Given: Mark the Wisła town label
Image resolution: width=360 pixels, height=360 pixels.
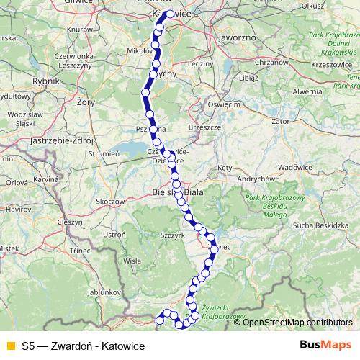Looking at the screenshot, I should pyautogui.click(x=132, y=261).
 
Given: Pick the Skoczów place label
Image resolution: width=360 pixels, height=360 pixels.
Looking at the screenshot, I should pyautogui.click(x=111, y=202).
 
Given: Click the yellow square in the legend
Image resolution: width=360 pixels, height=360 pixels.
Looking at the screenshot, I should pyautogui.click(x=10, y=346).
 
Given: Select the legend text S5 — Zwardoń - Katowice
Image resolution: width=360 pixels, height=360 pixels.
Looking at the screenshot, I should pyautogui.click(x=84, y=346).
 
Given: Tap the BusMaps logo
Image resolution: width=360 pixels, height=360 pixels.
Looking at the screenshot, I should pyautogui.click(x=325, y=346).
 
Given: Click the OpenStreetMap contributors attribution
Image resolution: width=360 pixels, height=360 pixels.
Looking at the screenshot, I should pyautogui.click(x=297, y=322).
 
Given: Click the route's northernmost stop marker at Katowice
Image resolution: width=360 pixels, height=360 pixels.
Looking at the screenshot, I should pyautogui.click(x=169, y=14).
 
